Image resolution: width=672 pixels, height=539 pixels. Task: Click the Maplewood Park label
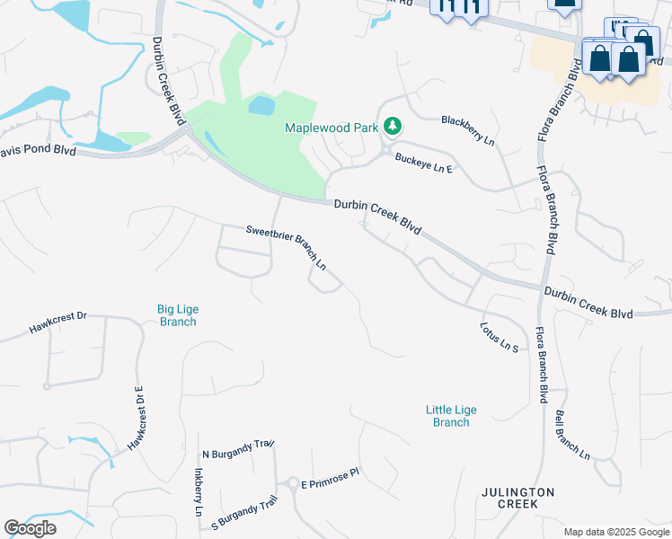tap(331, 128)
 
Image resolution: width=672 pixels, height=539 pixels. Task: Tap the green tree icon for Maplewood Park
tap(392, 127)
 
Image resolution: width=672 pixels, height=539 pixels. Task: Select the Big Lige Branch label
tap(177, 315)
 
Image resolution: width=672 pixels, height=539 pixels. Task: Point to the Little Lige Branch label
tap(451, 416)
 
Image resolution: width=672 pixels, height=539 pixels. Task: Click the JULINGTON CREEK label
tap(517, 499)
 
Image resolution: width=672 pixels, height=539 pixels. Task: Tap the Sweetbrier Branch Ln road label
tap(286, 248)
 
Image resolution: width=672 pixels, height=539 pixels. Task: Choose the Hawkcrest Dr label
tap(57, 322)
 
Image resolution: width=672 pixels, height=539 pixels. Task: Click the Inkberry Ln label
tap(199, 490)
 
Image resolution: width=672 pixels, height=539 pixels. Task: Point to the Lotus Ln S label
tap(500, 337)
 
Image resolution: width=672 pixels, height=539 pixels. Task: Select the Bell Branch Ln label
tap(572, 436)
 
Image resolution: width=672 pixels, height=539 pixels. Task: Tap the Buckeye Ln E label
tap(422, 162)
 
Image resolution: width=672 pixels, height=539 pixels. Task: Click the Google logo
tap(30, 528)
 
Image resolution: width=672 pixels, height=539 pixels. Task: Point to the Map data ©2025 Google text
tap(615, 532)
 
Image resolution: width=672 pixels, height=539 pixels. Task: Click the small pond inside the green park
tap(261, 106)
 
